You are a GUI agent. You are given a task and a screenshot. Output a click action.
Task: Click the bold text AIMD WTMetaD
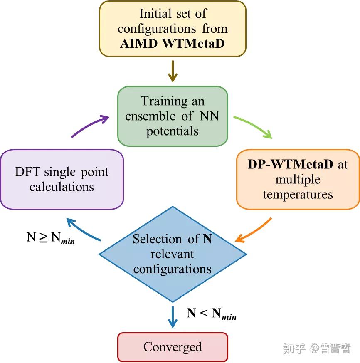tap(172, 44)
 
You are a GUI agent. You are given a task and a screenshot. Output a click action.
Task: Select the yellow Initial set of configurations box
tap(172, 29)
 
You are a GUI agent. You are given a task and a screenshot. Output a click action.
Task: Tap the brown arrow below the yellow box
tap(173, 71)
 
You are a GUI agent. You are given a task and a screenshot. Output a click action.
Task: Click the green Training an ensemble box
tap(173, 116)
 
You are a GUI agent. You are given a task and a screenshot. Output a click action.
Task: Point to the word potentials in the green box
tap(173, 131)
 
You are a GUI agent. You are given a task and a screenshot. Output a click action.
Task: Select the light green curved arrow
tap(253, 126)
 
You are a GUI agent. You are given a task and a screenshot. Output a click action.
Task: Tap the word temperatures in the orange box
tap(298, 194)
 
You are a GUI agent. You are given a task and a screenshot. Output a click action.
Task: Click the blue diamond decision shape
tap(173, 254)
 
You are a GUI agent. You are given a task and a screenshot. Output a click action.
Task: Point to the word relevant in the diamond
tap(173, 254)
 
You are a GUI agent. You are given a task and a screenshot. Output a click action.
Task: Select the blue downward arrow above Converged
tap(173, 317)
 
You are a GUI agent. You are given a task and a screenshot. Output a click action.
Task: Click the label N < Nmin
tap(211, 314)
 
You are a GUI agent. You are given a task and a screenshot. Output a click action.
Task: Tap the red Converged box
tap(173, 347)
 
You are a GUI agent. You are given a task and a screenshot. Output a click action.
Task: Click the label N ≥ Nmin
tap(50, 238)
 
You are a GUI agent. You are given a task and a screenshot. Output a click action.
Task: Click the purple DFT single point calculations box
tap(62, 179)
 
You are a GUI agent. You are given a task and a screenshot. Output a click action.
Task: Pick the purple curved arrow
tap(89, 126)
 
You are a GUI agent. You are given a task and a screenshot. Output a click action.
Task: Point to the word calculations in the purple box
tap(62, 187)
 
